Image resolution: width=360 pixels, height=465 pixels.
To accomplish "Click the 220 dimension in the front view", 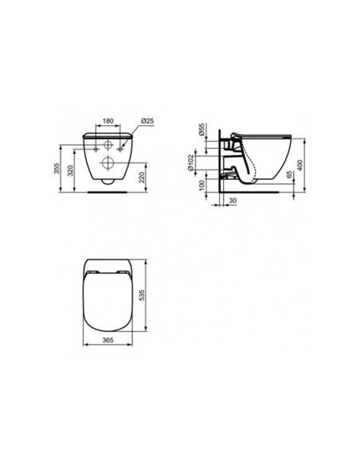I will (x=140, y=177).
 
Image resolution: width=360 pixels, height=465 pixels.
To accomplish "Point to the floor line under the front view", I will (x=105, y=192).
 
